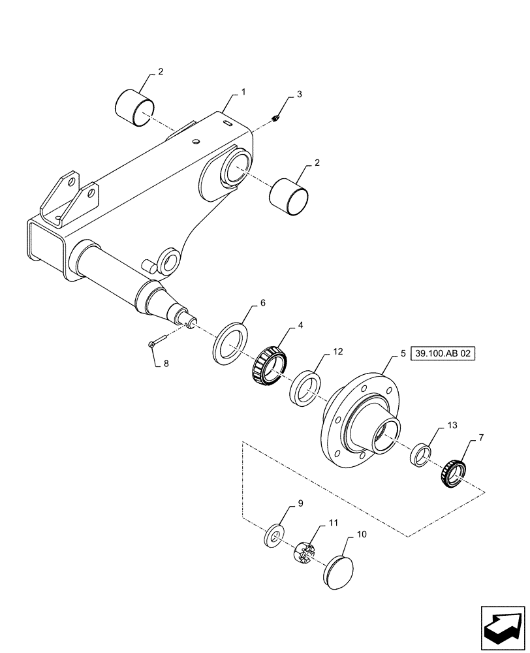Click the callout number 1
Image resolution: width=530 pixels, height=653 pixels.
click(243, 93)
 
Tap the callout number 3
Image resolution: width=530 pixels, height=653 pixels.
click(299, 95)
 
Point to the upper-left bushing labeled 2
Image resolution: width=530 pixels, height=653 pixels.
click(136, 107)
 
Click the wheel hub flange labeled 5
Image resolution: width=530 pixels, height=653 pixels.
click(361, 417)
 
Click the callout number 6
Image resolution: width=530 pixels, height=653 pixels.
click(263, 303)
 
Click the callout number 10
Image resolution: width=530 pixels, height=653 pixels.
click(362, 534)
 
